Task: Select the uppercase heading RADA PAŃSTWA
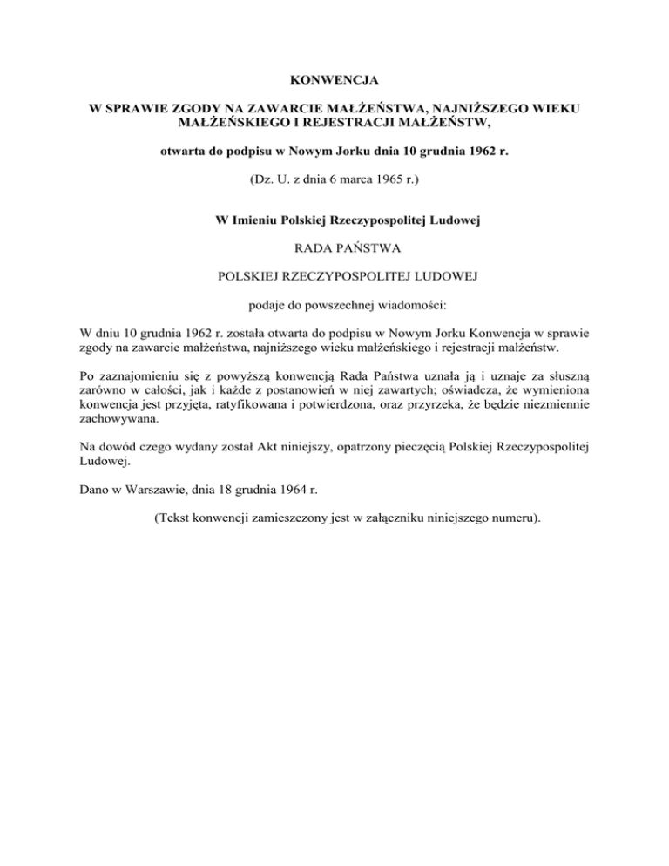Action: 334,249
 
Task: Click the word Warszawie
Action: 151,491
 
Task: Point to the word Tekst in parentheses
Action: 175,518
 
